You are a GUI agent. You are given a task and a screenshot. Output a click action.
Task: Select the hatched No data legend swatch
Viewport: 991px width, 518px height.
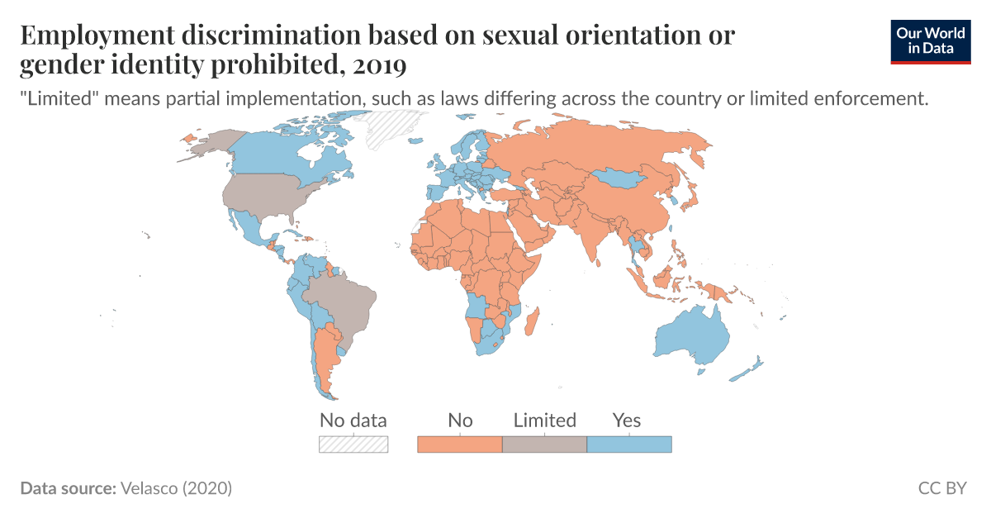353,444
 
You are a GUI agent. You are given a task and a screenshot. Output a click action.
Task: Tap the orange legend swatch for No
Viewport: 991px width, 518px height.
460,444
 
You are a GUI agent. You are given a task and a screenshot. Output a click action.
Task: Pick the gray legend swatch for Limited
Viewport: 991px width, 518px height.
544,444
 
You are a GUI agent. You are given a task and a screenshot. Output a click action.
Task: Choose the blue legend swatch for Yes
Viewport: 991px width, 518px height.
629,444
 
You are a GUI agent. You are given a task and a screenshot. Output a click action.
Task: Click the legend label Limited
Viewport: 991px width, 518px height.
544,420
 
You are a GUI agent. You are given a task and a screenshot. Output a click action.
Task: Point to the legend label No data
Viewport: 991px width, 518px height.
353,420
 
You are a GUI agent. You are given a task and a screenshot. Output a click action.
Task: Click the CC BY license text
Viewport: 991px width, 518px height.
941,488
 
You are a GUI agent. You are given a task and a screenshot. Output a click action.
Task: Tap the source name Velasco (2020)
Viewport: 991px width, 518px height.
176,488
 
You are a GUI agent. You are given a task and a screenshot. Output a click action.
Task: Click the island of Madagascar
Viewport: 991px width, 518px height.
533,321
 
